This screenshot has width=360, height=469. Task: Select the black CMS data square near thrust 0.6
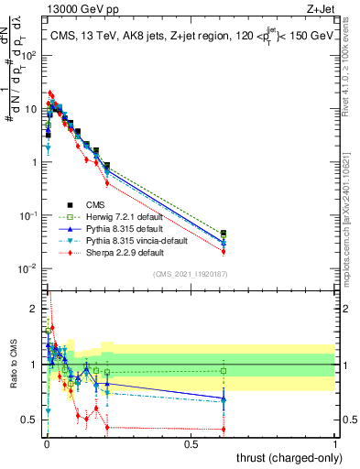(x=224, y=234)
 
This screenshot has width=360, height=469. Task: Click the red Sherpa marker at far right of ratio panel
(x=224, y=429)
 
